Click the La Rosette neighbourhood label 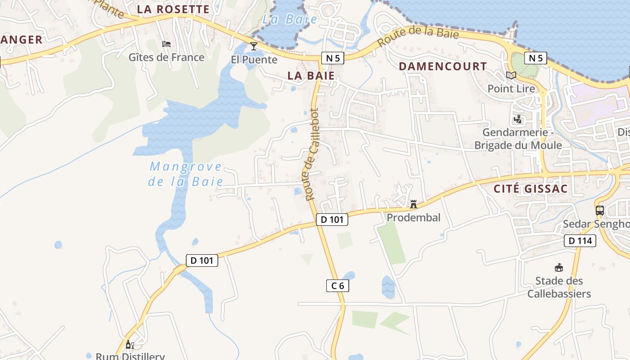[x=173, y=9]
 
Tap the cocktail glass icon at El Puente [x=254, y=46]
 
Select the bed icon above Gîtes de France [x=166, y=44]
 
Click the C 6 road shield [x=337, y=285]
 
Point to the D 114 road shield [x=580, y=241]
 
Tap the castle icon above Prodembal [x=413, y=204]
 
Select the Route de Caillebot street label [x=311, y=154]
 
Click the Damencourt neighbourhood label [x=443, y=67]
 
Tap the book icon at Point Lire [x=511, y=75]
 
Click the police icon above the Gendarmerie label [x=517, y=120]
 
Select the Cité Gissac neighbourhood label [x=531, y=189]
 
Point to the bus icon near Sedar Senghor [x=599, y=210]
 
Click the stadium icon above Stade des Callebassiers [x=559, y=268]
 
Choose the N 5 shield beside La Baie [x=333, y=58]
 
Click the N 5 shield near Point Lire [x=535, y=58]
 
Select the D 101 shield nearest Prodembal [x=332, y=220]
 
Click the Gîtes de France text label [x=166, y=57]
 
